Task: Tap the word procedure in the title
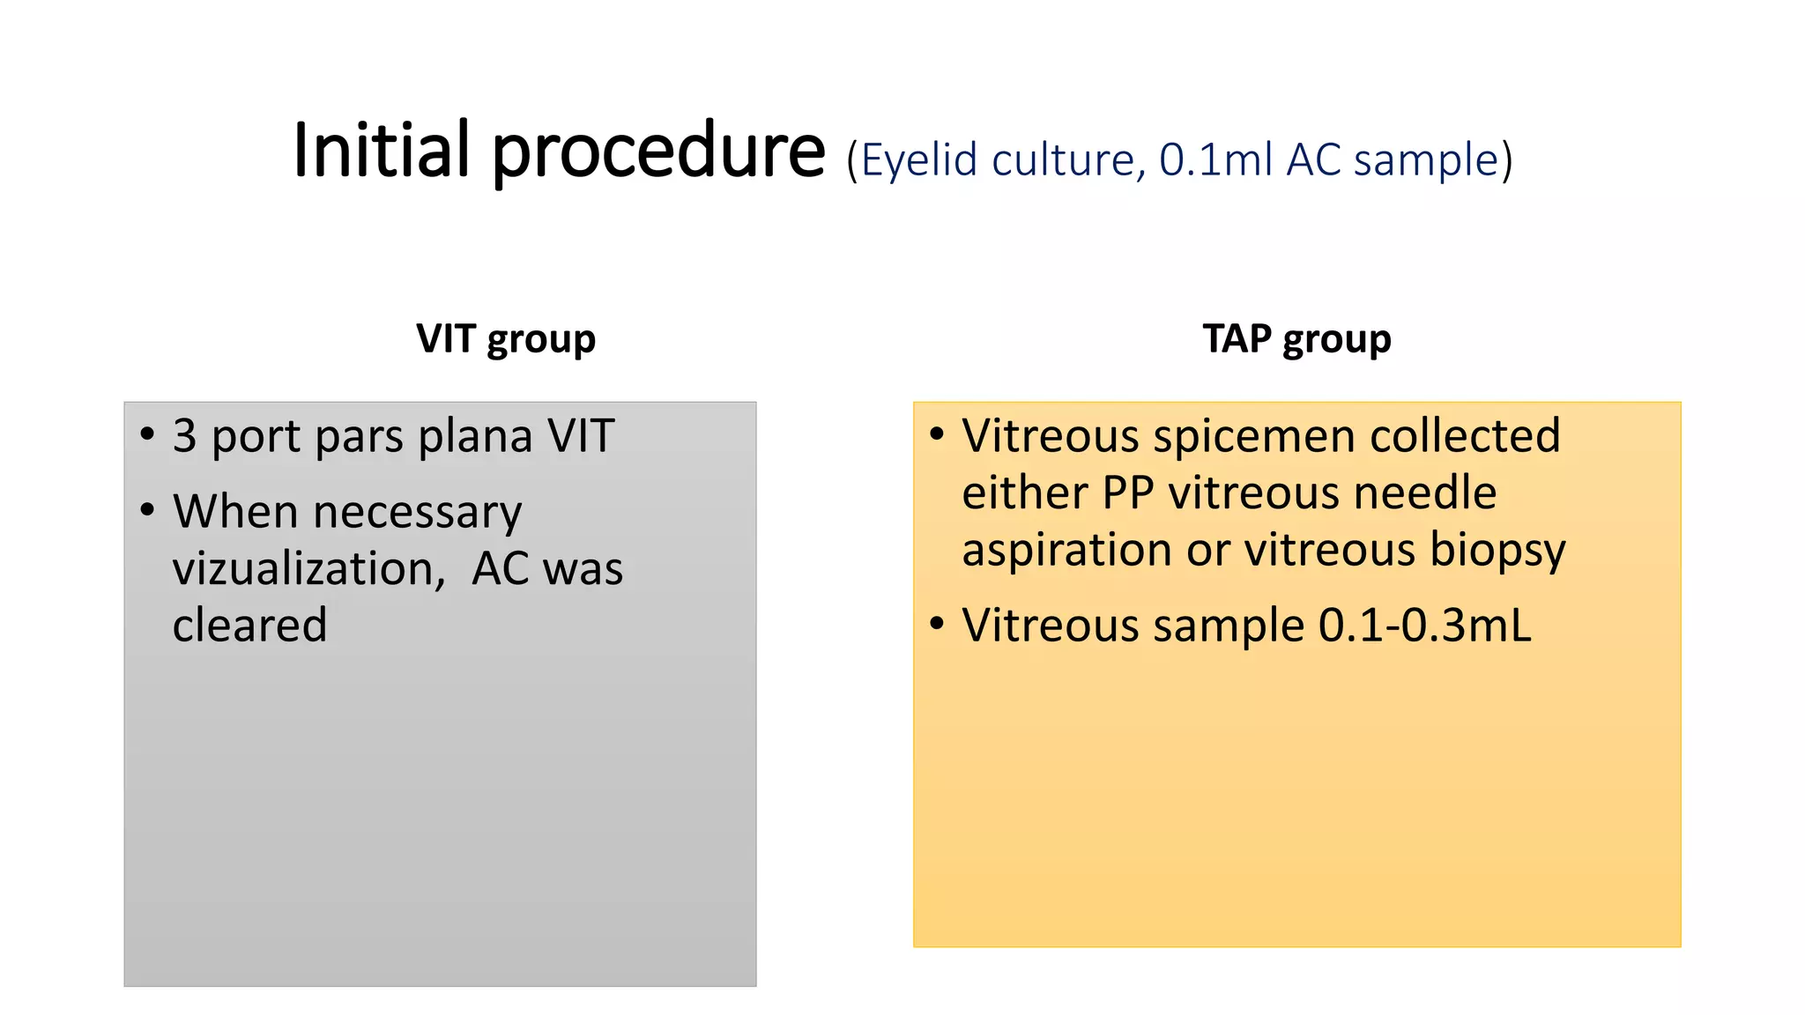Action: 657,152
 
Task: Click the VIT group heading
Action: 506,339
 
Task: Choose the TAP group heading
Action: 1296,339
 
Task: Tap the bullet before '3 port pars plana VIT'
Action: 147,434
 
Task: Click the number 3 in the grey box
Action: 184,436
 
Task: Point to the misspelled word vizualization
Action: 308,568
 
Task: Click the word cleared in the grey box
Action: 249,626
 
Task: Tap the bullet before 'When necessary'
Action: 147,509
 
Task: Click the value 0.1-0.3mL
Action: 1424,626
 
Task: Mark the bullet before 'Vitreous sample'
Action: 937,624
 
